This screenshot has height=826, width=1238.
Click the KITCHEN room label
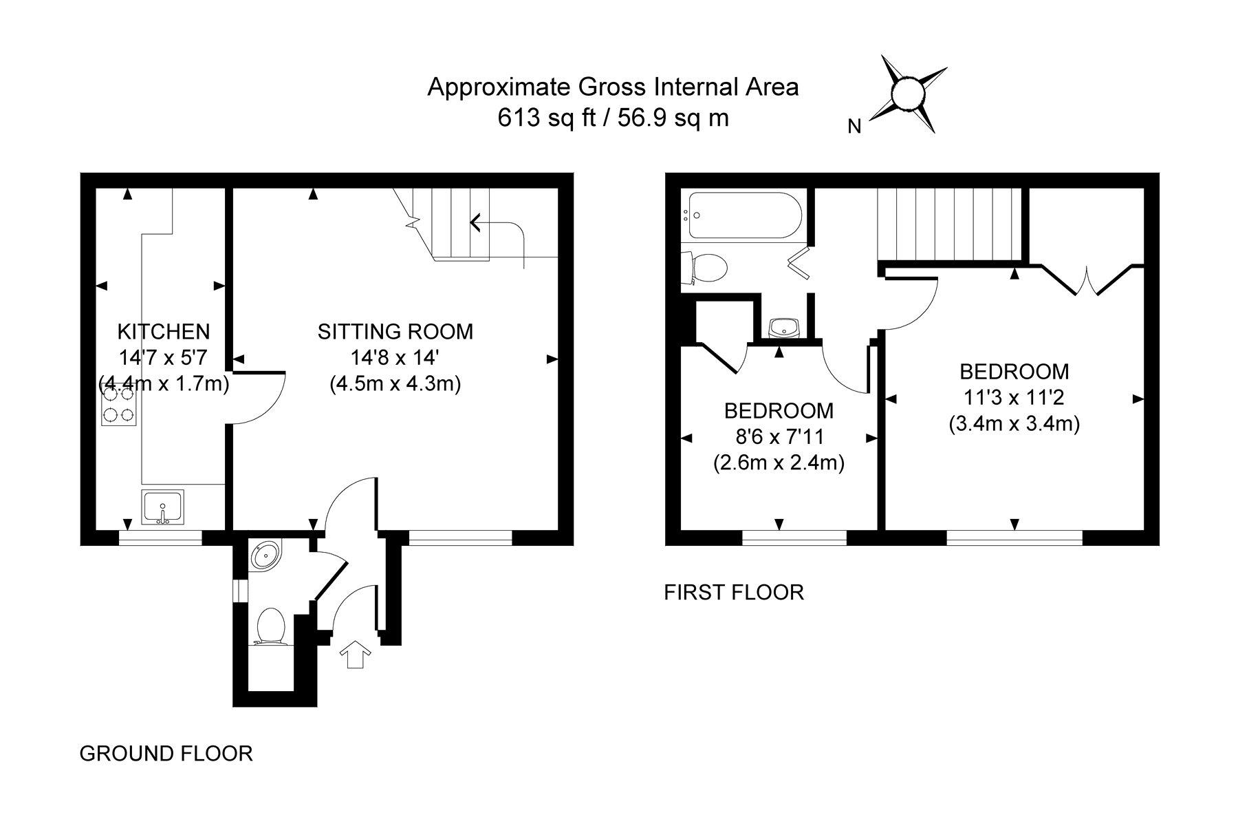click(164, 332)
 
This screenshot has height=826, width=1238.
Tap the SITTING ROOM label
click(395, 332)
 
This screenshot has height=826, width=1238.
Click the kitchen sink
click(163, 508)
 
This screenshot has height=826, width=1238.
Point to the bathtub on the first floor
click(743, 215)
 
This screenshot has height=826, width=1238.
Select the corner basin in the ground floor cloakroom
click(263, 553)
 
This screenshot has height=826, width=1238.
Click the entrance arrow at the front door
click(355, 653)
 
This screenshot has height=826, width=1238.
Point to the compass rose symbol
click(907, 94)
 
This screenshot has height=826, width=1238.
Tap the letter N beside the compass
click(855, 127)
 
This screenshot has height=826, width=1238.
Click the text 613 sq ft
click(544, 118)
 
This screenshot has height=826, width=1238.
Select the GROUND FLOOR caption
click(166, 753)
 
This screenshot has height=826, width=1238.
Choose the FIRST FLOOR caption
click(734, 592)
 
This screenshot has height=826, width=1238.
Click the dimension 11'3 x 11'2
click(1014, 398)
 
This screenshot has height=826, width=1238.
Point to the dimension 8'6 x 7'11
click(779, 436)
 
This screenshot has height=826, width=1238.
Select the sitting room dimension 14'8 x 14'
click(395, 358)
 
